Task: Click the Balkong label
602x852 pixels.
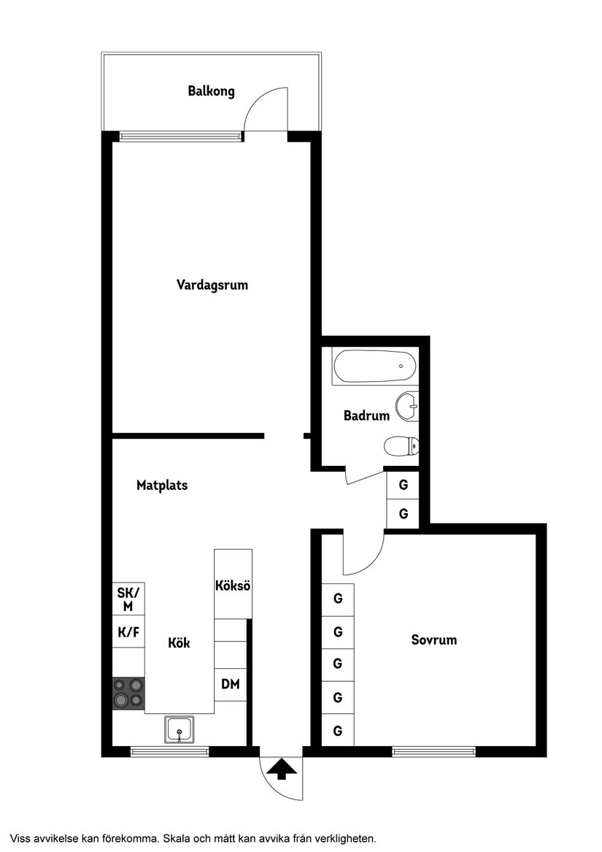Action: tap(211, 92)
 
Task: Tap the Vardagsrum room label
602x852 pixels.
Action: tap(212, 285)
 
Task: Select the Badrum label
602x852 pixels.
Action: tap(366, 416)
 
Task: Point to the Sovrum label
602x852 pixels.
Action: tap(434, 640)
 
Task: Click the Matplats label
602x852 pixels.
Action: tap(162, 485)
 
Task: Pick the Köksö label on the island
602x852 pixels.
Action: tap(233, 586)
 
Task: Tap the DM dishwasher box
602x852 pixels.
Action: tap(231, 685)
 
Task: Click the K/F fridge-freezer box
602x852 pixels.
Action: tap(128, 632)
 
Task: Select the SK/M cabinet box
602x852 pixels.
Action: tap(128, 599)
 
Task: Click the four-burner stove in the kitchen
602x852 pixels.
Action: tap(128, 693)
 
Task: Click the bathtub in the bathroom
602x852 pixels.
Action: tap(374, 366)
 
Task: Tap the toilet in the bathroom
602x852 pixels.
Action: tap(402, 445)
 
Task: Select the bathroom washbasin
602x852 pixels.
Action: tap(406, 404)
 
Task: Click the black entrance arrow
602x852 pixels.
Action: tap(282, 770)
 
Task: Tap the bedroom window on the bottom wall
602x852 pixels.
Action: tap(433, 751)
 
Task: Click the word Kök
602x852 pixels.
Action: tap(179, 643)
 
